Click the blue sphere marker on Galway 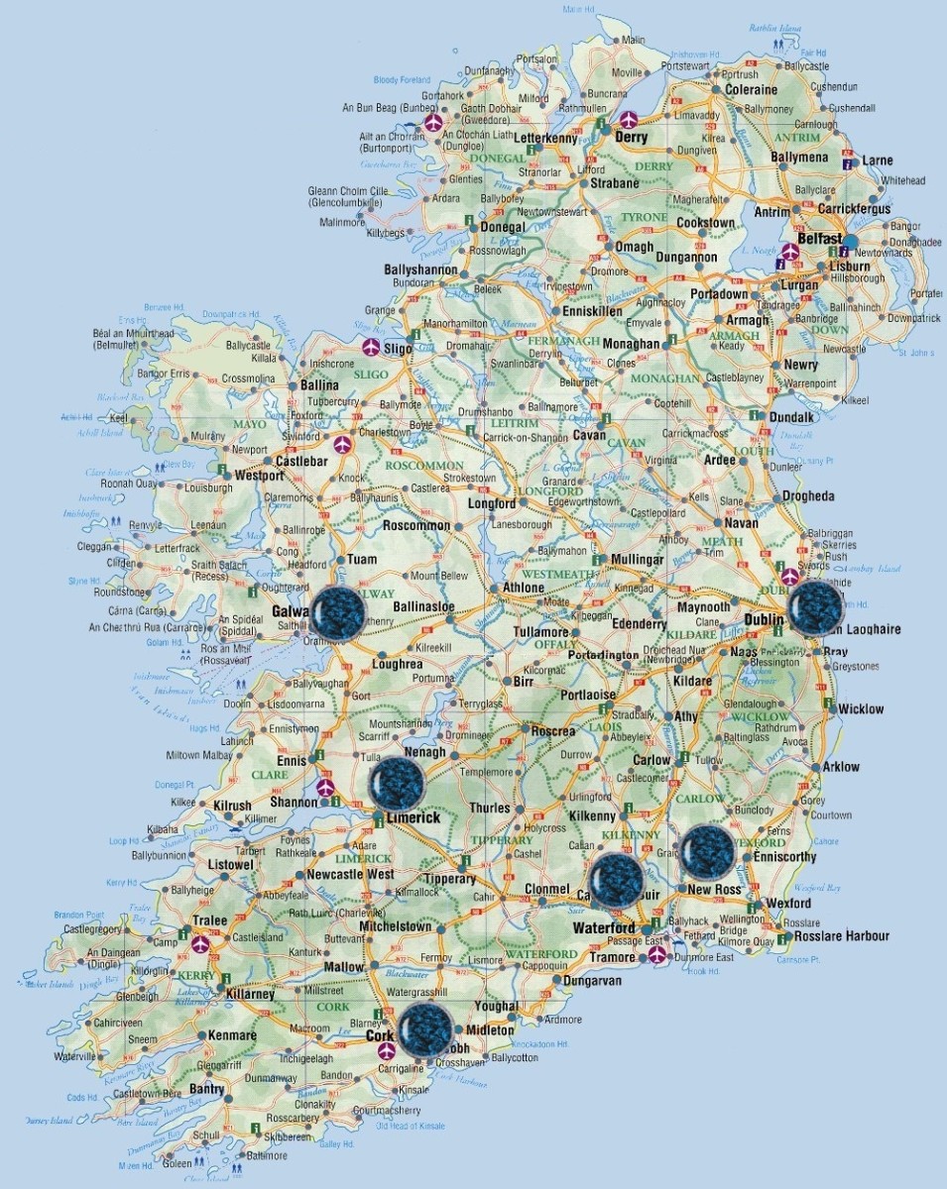[x=338, y=613]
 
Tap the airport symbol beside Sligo [x=370, y=347]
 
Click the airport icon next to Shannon [x=325, y=789]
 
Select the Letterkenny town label [x=544, y=139]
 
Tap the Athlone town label [x=524, y=588]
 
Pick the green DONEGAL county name [x=499, y=159]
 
